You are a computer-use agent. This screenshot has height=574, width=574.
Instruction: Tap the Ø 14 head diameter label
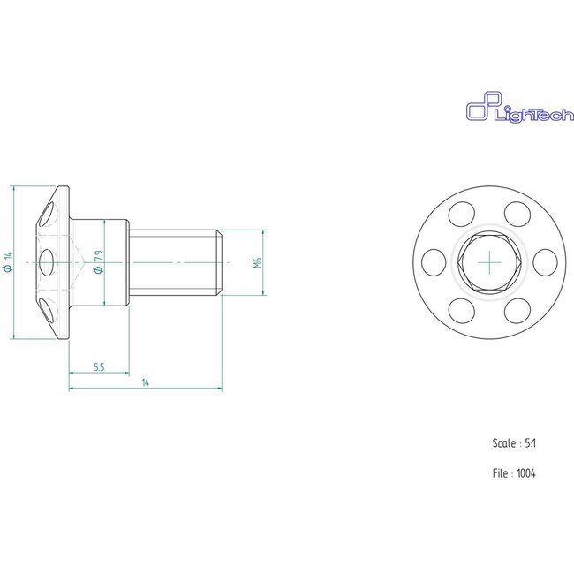[x=8, y=262]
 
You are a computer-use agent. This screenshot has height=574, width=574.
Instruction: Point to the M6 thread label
[x=257, y=262]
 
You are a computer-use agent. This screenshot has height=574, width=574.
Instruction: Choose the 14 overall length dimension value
[x=145, y=382]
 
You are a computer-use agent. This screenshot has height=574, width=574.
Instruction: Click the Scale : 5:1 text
[x=514, y=443]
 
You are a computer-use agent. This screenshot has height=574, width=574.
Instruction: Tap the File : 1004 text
[x=514, y=473]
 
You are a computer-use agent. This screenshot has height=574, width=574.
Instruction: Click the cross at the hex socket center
[x=489, y=262]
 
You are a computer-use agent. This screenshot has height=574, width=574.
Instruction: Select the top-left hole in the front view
[x=461, y=213]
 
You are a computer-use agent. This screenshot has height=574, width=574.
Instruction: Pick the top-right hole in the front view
[x=517, y=213]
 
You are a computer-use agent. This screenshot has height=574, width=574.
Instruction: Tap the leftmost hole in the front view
[x=433, y=261]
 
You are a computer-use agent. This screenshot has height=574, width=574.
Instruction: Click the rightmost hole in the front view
[x=545, y=261]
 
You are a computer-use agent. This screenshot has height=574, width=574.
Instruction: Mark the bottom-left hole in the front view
[x=461, y=310]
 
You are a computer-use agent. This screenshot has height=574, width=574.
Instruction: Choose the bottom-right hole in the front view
[x=517, y=310]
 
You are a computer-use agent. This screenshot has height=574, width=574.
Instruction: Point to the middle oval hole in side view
[x=47, y=262]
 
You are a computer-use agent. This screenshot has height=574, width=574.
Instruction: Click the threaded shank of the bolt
[x=172, y=262]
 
